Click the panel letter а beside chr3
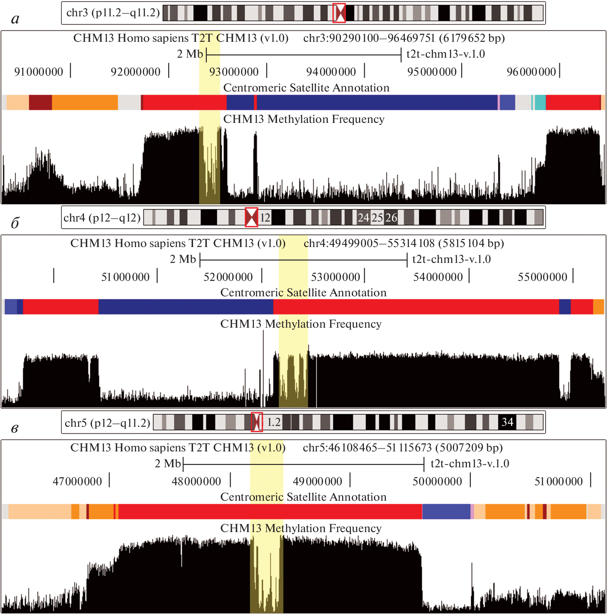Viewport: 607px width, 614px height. (x=15, y=19)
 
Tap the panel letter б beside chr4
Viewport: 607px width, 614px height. (x=15, y=223)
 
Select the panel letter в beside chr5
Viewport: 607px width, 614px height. (x=15, y=428)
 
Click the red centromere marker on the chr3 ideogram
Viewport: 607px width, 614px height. (x=339, y=13)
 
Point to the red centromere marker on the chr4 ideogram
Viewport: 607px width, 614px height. (x=251, y=217)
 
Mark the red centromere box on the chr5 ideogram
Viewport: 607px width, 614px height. (x=257, y=422)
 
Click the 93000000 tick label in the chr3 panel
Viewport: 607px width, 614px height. (x=234, y=72)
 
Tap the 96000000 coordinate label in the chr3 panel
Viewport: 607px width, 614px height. (x=531, y=72)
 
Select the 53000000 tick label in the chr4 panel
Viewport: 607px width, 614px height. (x=335, y=277)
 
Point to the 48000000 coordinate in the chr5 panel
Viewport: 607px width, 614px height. (x=196, y=482)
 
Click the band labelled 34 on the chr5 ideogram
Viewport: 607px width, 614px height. (x=507, y=422)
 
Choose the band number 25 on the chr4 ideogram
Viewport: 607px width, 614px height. (x=377, y=218)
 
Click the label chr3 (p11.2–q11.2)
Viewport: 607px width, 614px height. (x=113, y=13)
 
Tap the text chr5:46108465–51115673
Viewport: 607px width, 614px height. (x=367, y=448)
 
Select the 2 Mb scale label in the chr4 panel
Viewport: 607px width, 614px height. (x=183, y=259)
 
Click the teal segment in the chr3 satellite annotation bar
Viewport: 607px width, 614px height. (x=540, y=102)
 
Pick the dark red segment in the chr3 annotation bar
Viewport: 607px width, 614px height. (x=40, y=102)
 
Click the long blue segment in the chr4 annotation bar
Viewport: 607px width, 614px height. (x=186, y=307)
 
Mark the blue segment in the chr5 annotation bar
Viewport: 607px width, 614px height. (x=446, y=512)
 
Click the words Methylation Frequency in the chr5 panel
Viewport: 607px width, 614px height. (x=323, y=528)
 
